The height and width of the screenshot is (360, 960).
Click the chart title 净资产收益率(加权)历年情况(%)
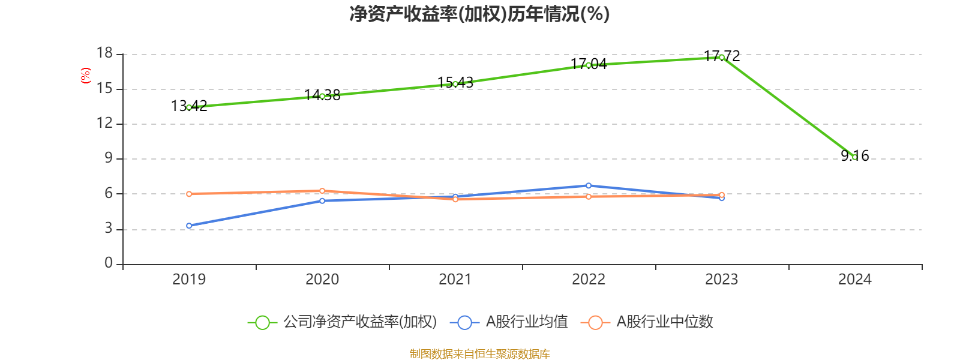(479, 14)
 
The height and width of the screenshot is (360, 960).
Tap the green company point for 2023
(721, 57)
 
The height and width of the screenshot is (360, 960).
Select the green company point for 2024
(854, 157)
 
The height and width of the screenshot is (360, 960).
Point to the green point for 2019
(189, 107)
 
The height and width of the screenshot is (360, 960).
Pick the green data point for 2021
(455, 84)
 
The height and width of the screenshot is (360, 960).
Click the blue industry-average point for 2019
(189, 226)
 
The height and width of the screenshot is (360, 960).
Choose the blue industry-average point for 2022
(589, 185)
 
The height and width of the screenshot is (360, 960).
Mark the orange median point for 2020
(322, 191)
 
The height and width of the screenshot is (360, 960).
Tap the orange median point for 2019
(189, 194)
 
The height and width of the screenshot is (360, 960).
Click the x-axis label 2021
(455, 279)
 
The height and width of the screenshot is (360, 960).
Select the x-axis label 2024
(854, 279)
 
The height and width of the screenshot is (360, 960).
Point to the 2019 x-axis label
(189, 279)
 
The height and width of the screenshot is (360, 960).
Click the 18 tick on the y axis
(105, 53)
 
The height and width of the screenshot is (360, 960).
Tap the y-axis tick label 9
(109, 158)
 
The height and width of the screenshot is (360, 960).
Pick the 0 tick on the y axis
(109, 263)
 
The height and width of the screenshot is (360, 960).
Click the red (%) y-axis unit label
(85, 76)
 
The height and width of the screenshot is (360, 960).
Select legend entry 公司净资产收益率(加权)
(342, 322)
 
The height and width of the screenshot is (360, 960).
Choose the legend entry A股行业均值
(513, 322)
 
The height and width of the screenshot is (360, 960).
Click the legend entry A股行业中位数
(648, 322)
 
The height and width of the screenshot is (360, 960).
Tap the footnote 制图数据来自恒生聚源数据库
(479, 353)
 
